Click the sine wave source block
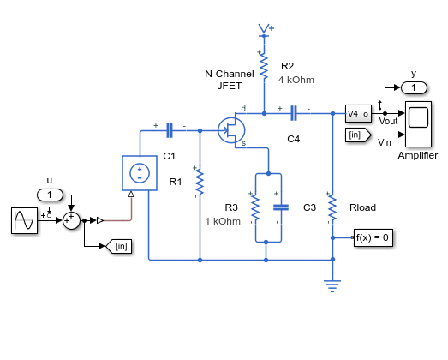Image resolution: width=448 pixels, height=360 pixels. coord(24,220)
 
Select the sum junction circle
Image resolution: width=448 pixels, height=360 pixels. coord(71,221)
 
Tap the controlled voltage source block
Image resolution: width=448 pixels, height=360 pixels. coord(140,173)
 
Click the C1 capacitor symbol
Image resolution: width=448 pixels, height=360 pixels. coord(170,130)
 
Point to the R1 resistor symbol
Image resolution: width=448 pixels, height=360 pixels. coord(200,183)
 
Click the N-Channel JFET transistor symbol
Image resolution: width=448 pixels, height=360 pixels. coord(231,130)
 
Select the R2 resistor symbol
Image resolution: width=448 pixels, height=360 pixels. coord(264,66)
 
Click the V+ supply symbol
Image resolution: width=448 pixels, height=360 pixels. coord(266,30)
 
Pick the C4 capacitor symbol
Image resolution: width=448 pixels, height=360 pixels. coord(294,113)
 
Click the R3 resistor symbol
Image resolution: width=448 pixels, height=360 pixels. coord(255,208)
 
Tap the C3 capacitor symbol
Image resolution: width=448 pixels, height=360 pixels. coord(281,207)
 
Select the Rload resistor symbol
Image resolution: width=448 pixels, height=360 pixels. coord(332,208)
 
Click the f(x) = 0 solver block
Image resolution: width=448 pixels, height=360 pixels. coord(373,237)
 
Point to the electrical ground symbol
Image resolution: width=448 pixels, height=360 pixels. coord(332,286)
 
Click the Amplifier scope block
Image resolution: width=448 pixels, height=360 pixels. coord(418,124)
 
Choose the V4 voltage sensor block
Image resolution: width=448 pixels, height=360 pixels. coord(358,113)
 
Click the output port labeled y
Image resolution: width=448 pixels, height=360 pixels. coord(414,87)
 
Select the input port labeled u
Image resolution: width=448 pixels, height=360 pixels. coord(50,195)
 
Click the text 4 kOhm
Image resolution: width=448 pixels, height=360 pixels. coord(296,80)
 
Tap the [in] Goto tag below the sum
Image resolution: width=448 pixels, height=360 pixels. coord(118,246)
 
